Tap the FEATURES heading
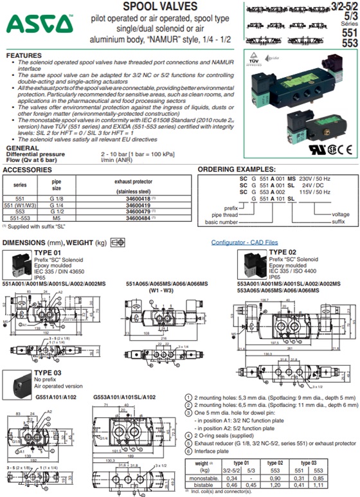coord(24,56)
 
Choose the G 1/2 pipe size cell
coord(55,212)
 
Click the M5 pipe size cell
coord(55,217)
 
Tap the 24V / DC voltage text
coord(311,188)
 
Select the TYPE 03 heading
coord(46,372)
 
